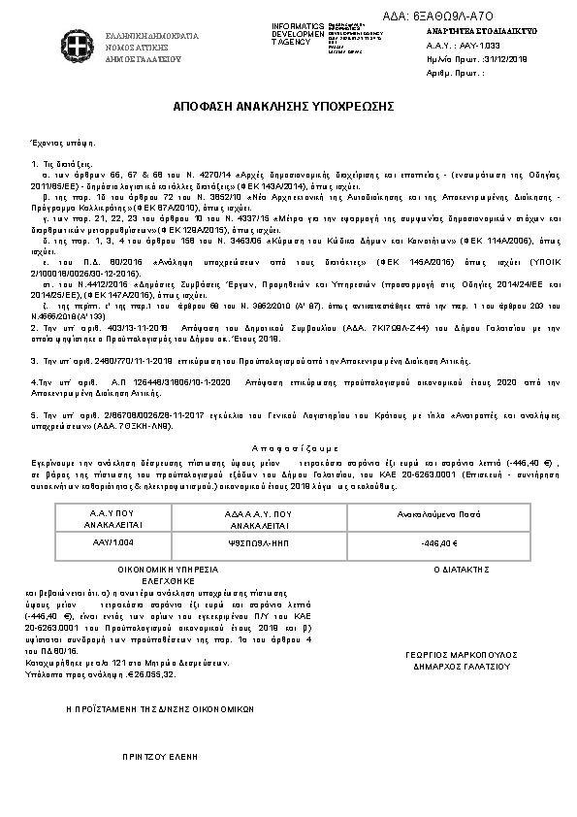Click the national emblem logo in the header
coord(72,46)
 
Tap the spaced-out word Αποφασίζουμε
coord(287,449)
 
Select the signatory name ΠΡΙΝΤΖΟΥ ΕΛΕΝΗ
coord(154,753)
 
